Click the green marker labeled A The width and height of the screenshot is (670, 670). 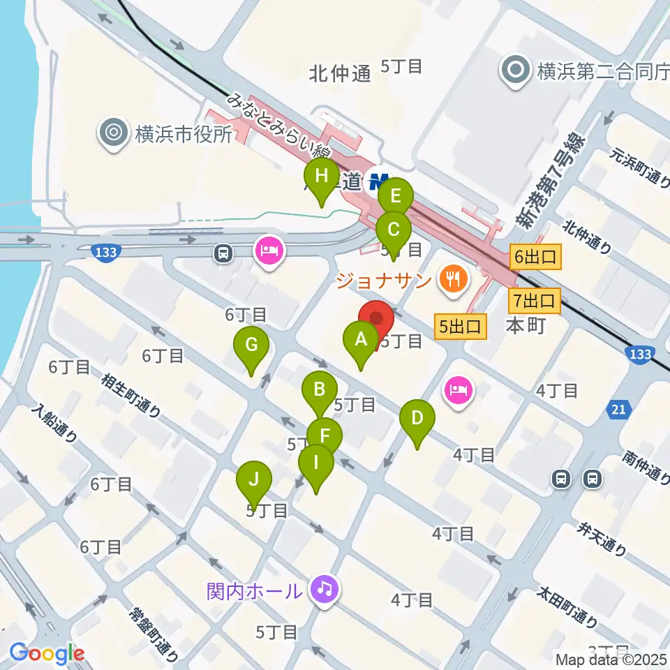[x=361, y=341]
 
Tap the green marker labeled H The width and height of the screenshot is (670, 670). [x=321, y=177]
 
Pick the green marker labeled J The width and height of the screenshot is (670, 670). [x=254, y=481]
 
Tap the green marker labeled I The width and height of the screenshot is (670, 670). [x=316, y=463]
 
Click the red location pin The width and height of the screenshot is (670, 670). [x=376, y=320]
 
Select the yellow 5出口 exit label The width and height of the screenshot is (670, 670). [x=460, y=326]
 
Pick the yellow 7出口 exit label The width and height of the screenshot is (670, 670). [x=535, y=301]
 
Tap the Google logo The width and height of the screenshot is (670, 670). [x=47, y=653]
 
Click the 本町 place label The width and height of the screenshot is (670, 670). [x=524, y=326]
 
